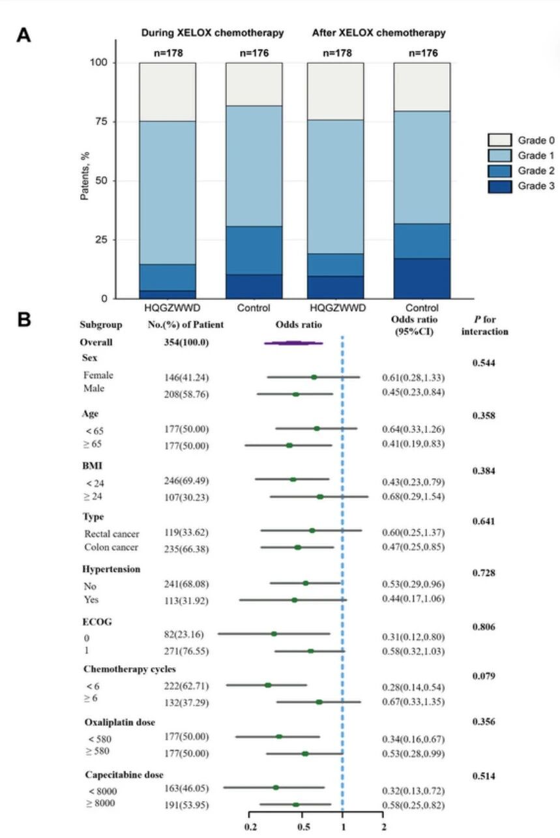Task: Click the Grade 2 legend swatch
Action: click(x=499, y=171)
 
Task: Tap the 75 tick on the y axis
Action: click(x=101, y=121)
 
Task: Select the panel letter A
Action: click(x=23, y=35)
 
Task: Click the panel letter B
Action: click(x=24, y=320)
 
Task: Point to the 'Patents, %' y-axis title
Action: click(x=85, y=176)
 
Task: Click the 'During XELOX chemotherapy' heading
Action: click(x=212, y=33)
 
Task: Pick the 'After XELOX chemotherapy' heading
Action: click(x=379, y=33)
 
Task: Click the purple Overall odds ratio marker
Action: click(x=293, y=342)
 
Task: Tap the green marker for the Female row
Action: click(x=314, y=377)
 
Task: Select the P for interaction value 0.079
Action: click(x=483, y=676)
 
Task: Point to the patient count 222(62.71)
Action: click(x=186, y=686)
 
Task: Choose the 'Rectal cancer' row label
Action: click(x=111, y=533)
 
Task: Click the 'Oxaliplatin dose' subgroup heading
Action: click(x=120, y=722)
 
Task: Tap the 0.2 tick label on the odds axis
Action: click(x=250, y=826)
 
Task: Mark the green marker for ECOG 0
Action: click(x=274, y=634)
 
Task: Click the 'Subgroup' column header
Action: click(x=100, y=325)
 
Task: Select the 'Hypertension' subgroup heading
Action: click(x=111, y=569)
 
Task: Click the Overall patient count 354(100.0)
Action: click(x=186, y=342)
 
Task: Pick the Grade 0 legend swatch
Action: click(x=499, y=140)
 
